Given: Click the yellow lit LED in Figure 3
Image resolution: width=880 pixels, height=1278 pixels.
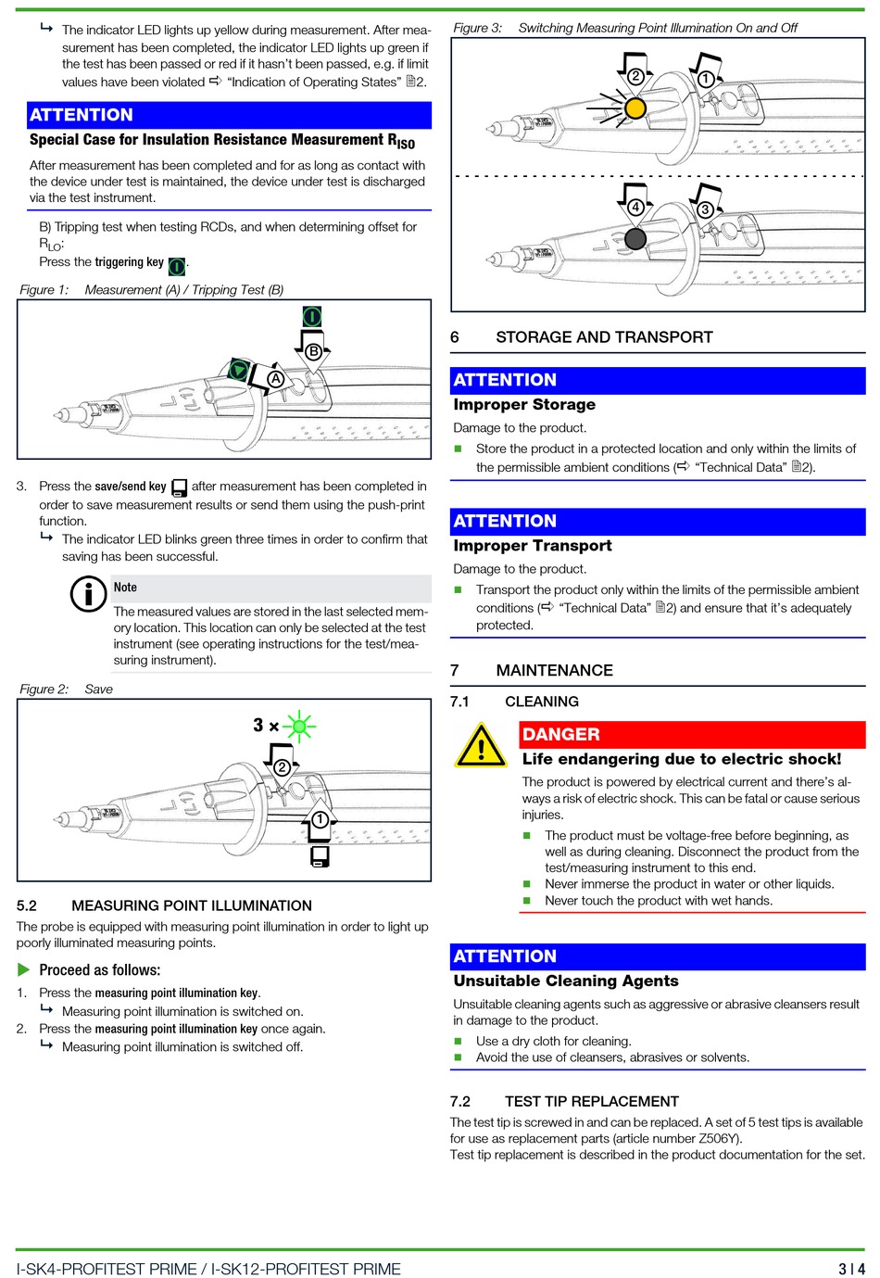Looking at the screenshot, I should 635,108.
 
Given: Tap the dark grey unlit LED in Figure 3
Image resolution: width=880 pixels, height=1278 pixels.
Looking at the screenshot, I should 635,239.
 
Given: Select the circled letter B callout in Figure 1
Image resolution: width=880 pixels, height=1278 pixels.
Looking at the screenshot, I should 313,352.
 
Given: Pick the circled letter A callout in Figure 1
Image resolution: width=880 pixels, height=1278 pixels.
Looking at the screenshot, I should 275,378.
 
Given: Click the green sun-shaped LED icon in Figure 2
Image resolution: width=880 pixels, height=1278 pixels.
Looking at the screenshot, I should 298,726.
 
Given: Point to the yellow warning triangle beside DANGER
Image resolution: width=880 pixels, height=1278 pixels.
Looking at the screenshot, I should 481,746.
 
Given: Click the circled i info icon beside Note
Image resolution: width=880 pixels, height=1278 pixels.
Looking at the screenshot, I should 89,594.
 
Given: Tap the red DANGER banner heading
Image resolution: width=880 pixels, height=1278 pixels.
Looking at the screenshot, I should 692,734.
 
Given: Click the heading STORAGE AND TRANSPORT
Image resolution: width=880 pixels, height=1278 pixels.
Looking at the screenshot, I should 604,337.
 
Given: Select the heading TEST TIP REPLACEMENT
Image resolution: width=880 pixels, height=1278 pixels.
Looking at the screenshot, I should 591,1101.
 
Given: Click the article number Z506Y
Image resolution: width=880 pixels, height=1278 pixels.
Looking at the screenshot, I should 720,1138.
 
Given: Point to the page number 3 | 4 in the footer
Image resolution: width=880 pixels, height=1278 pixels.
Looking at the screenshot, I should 851,1269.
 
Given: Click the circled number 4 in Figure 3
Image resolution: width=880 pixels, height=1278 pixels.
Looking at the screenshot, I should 635,208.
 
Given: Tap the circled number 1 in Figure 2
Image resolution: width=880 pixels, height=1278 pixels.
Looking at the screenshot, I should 320,819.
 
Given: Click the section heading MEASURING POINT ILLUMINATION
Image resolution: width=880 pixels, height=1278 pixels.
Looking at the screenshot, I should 191,905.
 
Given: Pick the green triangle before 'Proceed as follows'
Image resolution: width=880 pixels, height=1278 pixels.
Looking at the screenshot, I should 24,970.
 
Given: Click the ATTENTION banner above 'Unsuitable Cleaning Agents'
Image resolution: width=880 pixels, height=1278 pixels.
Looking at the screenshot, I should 658,956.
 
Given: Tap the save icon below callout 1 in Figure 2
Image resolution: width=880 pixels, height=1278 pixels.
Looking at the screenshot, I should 321,856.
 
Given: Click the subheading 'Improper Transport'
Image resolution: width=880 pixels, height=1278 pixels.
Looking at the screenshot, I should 533,546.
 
